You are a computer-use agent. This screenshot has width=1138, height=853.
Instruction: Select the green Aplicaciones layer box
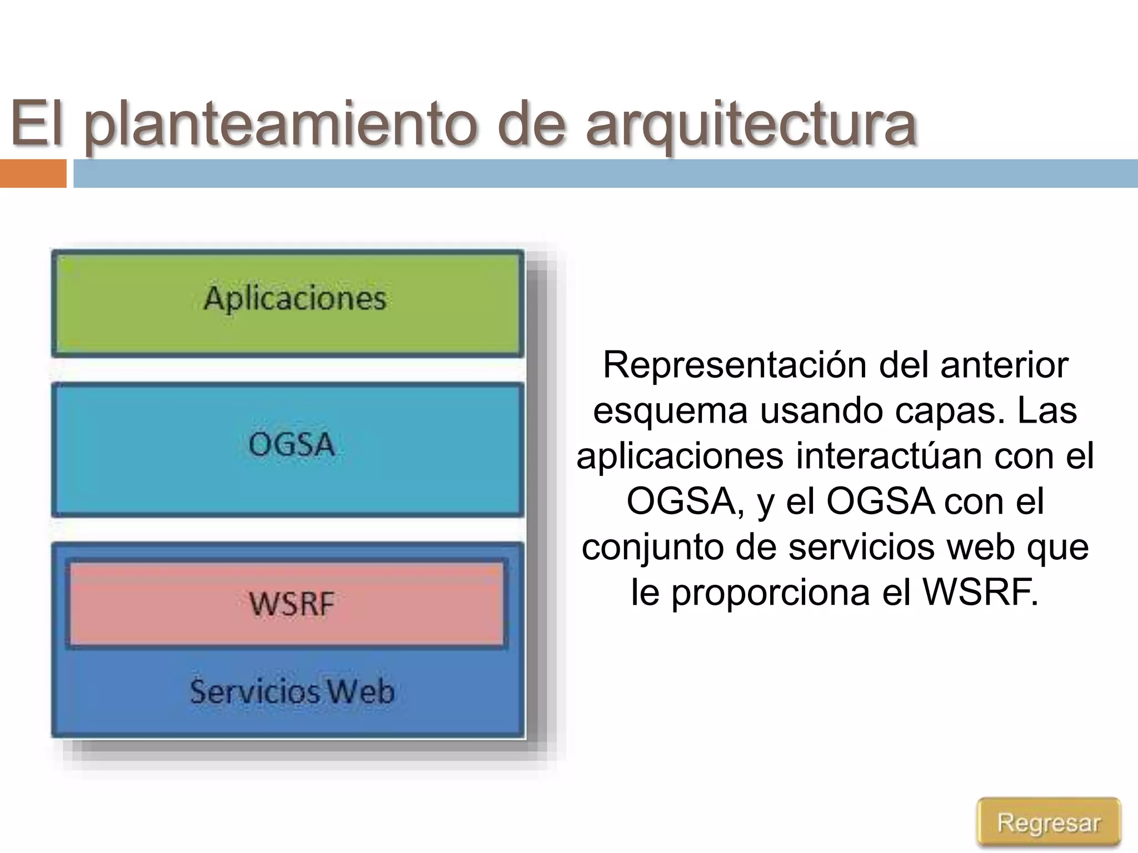point(288,303)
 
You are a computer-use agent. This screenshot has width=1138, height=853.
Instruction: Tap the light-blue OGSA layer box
point(288,450)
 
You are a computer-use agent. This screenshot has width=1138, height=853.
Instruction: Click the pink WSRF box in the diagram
point(287,604)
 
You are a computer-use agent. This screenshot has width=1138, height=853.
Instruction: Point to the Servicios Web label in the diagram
point(292,691)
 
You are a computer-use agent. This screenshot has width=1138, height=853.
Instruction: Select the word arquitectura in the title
point(751,123)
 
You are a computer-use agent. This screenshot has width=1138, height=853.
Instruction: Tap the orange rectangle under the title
point(33,173)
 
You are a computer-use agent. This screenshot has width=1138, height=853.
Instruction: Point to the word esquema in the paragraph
point(670,411)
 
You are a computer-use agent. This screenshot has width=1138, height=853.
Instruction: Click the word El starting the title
point(37,123)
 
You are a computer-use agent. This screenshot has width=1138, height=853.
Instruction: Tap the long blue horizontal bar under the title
point(606,173)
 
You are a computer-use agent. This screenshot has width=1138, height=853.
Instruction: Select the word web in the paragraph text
point(981,546)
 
